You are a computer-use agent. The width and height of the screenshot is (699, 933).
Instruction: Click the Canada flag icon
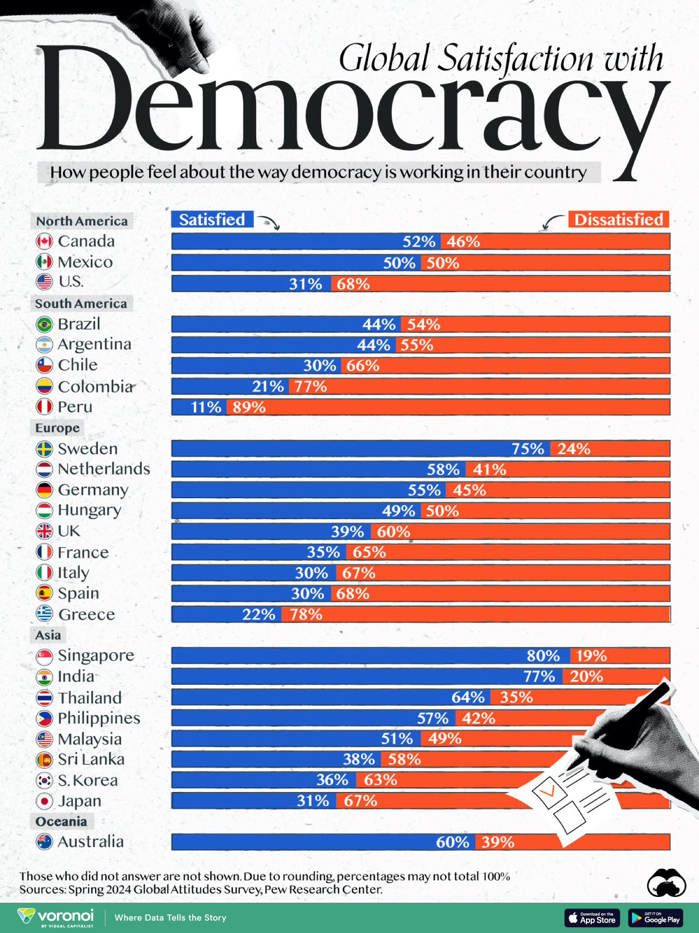[x=44, y=241]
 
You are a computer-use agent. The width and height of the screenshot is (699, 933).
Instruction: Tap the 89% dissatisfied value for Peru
[x=249, y=407]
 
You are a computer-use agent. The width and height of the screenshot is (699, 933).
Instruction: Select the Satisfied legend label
[x=212, y=220]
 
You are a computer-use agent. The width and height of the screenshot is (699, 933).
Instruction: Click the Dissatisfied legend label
[x=619, y=220]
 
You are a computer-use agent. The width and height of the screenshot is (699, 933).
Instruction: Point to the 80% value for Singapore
[x=543, y=656]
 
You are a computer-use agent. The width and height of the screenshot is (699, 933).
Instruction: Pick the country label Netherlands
[x=104, y=469]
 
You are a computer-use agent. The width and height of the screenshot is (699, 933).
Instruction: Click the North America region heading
[x=82, y=221]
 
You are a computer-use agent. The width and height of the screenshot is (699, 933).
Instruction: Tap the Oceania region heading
[x=61, y=822]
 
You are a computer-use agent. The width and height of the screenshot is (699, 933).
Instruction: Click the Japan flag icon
[x=44, y=801]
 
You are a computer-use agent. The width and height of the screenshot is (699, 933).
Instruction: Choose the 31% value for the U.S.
[x=305, y=284]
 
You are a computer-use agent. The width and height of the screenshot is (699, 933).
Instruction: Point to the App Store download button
[x=592, y=918]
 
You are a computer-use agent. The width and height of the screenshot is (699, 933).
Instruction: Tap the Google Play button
[x=655, y=918]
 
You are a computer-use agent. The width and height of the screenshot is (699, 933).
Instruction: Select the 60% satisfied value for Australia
[x=452, y=842]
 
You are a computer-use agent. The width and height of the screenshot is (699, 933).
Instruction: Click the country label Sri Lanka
[x=91, y=759]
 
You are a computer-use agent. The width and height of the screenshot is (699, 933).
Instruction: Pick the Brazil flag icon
[x=44, y=324]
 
